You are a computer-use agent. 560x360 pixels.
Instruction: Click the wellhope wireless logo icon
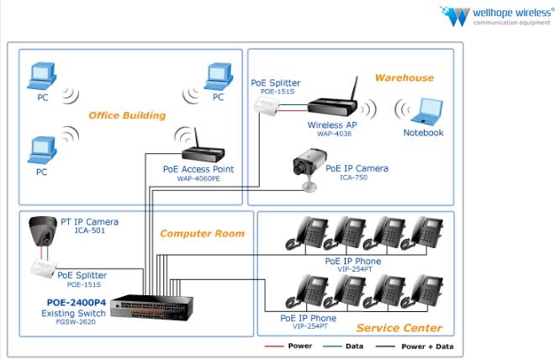point(455,16)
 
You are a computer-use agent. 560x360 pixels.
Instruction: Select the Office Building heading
point(127,115)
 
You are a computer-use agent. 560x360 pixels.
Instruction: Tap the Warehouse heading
point(404,77)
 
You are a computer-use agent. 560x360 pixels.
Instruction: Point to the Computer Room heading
point(202,233)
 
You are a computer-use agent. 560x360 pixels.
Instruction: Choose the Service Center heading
point(398,327)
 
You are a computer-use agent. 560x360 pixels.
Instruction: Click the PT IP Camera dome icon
point(40,230)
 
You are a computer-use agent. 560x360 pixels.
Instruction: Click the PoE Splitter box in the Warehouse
point(269,103)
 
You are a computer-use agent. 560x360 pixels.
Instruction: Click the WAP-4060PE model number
point(198,178)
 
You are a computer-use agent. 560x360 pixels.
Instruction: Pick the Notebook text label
point(423,132)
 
